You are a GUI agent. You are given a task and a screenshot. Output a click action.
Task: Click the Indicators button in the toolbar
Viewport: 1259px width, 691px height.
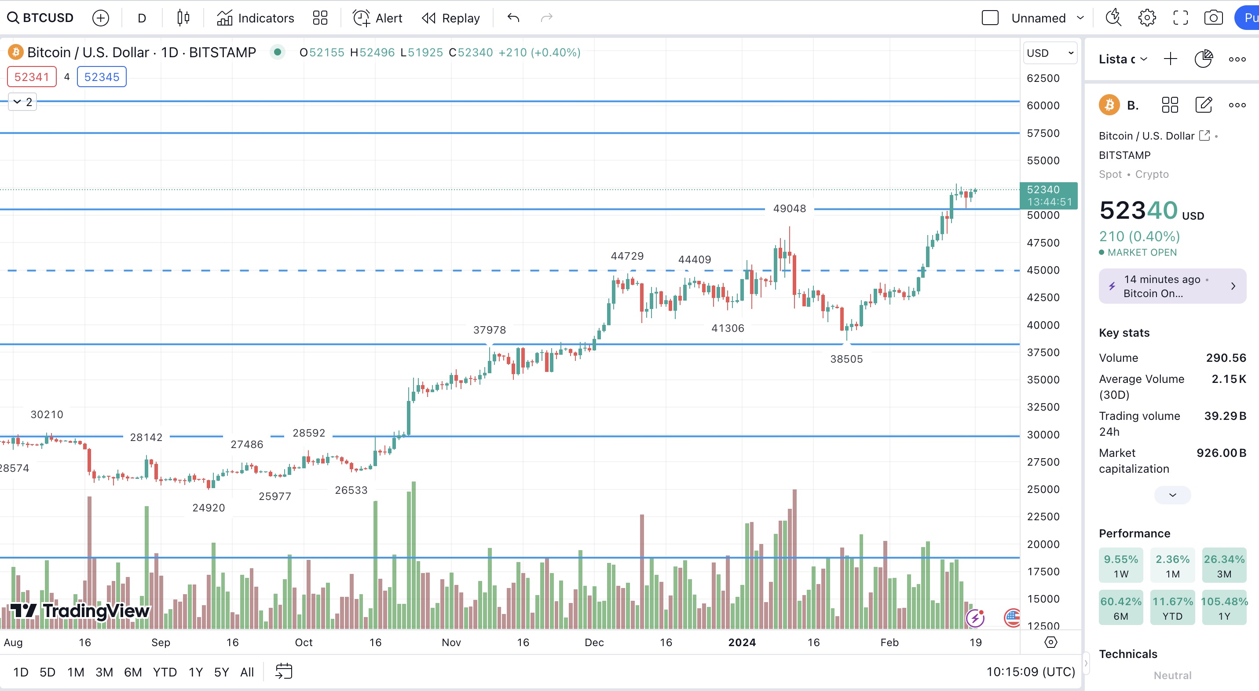[255, 18]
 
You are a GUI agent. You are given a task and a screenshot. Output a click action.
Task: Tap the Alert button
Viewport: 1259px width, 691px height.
[377, 18]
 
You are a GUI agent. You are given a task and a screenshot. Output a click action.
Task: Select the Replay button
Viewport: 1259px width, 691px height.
[450, 18]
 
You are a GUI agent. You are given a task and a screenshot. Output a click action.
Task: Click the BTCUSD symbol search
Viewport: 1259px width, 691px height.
[40, 18]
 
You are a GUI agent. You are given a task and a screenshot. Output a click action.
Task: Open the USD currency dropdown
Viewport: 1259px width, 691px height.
[1050, 53]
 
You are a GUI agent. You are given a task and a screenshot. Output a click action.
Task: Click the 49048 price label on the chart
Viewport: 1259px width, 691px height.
[789, 208]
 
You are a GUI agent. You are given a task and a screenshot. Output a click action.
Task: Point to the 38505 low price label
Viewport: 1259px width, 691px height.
[846, 359]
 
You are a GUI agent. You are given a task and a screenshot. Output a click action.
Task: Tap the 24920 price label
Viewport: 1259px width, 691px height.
[209, 507]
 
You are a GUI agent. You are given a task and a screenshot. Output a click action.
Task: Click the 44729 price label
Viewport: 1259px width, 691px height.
[627, 256]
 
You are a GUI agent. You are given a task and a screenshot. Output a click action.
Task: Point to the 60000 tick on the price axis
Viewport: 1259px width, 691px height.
[1043, 105]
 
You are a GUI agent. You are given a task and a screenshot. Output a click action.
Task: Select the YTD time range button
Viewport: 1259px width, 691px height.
[165, 672]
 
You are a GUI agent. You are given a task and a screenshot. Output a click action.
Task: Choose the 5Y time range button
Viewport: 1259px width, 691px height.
[221, 672]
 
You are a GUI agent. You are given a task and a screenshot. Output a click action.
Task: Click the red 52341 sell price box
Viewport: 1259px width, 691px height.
[32, 77]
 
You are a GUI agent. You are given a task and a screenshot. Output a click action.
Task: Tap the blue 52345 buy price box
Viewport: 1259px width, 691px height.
[102, 77]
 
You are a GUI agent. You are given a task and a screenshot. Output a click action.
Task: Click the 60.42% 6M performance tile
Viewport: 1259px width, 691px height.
[1121, 607]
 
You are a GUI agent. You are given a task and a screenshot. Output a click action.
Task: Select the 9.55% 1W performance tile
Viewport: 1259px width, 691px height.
[1121, 565]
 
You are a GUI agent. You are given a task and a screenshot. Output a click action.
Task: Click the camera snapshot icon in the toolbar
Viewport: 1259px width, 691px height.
[1213, 18]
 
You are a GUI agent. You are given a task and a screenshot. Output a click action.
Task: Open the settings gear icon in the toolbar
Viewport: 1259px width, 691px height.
[1146, 18]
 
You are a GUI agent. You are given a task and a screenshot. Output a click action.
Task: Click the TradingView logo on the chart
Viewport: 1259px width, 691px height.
[80, 611]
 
